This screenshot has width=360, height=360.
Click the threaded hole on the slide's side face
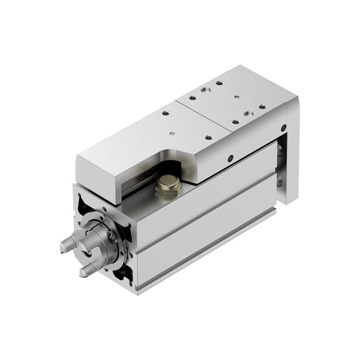[x=230, y=159]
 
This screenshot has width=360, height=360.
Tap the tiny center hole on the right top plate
[x=237, y=96]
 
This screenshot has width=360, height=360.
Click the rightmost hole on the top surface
[x=262, y=107]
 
